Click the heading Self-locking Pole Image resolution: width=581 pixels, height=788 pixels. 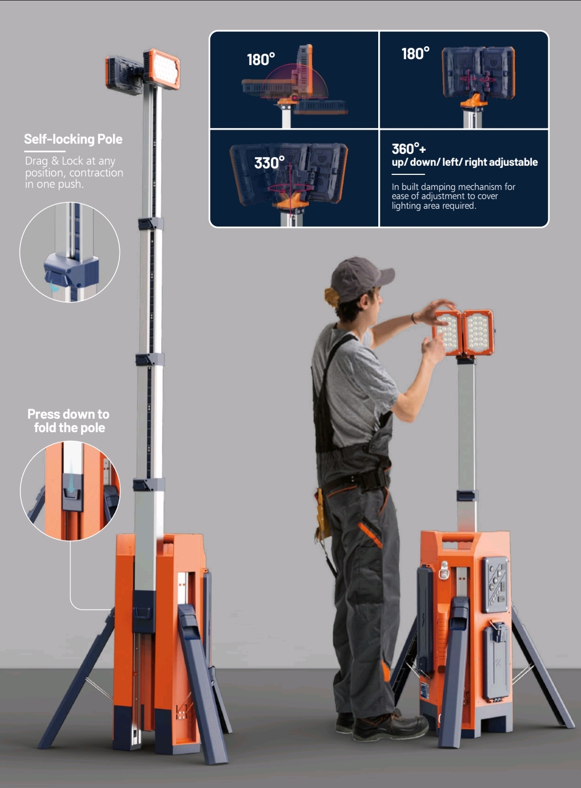point(73,139)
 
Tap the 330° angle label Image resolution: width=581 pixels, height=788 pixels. point(269,163)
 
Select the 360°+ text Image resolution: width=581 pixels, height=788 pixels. point(409,149)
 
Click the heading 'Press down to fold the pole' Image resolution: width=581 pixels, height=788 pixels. point(68,421)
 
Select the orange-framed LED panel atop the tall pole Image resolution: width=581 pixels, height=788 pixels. point(162,69)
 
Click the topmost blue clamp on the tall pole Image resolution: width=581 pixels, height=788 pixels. point(150,224)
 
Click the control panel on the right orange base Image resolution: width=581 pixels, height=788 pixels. point(495,583)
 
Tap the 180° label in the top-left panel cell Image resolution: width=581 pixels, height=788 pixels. point(261,59)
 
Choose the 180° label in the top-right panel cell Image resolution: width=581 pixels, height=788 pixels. point(416,53)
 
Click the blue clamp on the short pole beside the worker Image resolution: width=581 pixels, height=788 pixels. point(467,496)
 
